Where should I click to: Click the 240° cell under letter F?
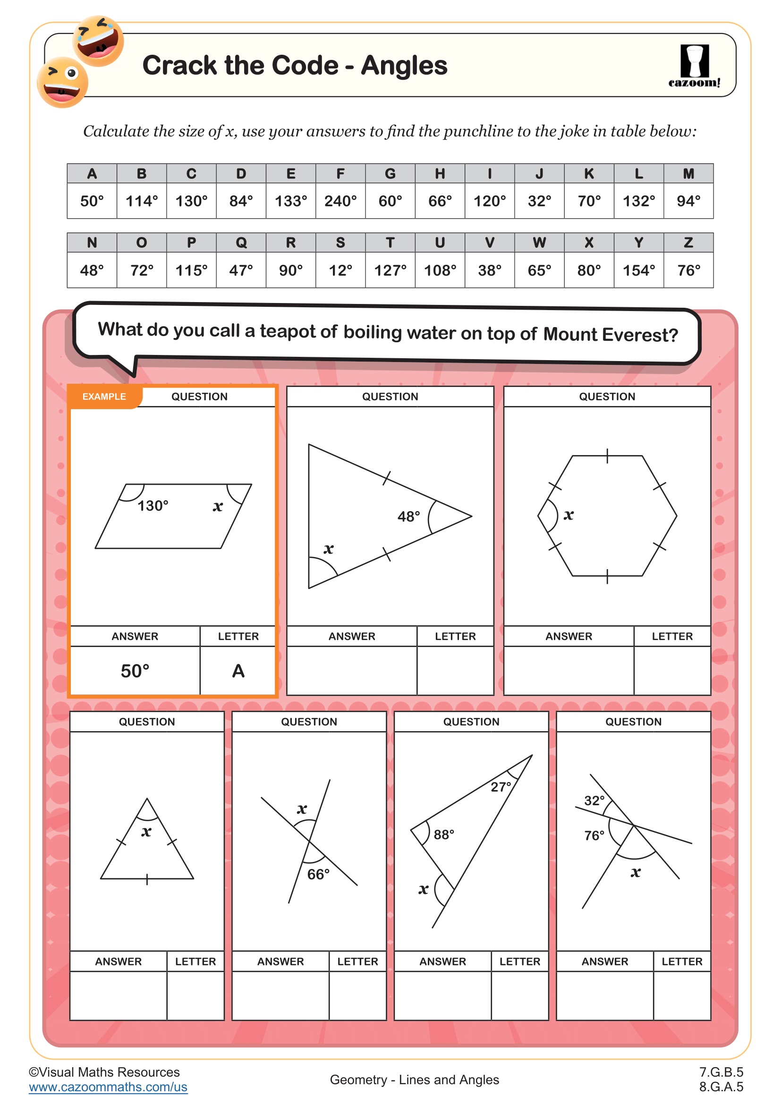tap(340, 201)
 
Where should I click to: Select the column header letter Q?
tap(241, 243)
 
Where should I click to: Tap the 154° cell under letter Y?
tap(639, 270)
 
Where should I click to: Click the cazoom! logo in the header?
tap(694, 67)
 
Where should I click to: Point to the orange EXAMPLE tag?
tap(104, 396)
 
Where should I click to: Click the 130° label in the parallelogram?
tap(153, 506)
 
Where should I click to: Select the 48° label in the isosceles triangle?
tap(408, 516)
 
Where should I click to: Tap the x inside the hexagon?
tap(569, 515)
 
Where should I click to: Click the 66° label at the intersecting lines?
tap(318, 874)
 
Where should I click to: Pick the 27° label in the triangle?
tap(501, 787)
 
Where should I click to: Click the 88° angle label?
tap(443, 835)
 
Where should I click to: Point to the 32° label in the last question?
tap(594, 801)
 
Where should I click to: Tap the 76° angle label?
tap(594, 836)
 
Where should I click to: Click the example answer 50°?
tap(135, 671)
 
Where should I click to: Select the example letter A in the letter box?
tap(238, 671)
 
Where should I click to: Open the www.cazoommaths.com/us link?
tap(108, 1087)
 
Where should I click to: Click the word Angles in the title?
tap(404, 66)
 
